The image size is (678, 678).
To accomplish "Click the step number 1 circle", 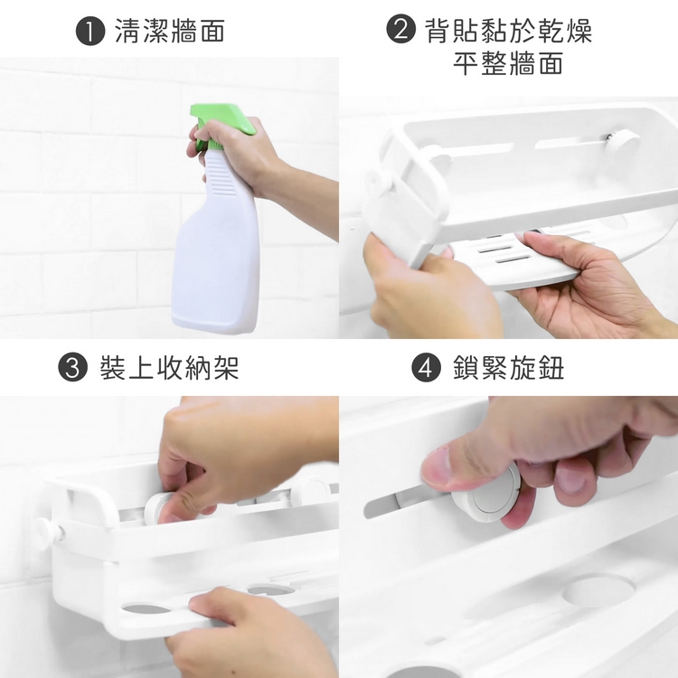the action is pos(90,31).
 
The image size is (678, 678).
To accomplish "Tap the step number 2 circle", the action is pos(400,29).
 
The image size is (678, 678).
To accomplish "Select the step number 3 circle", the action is pos(72,367).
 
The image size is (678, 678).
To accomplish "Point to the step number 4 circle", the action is pos(426,367).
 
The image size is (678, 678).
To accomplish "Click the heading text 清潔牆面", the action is pos(170,31).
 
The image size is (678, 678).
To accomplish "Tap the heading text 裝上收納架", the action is pos(170,368).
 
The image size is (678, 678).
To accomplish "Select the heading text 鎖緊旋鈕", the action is pos(508,368).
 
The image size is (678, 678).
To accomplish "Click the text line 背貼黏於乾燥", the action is pos(508,30).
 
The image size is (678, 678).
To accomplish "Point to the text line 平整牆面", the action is pos(508,62).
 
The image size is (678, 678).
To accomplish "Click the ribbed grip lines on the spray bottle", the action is pos(221,176).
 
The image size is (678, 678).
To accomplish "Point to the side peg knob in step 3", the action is pos(48,533).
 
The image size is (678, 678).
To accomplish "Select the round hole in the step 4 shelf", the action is pos(598,590).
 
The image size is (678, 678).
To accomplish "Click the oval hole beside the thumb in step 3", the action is pos(146,608).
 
